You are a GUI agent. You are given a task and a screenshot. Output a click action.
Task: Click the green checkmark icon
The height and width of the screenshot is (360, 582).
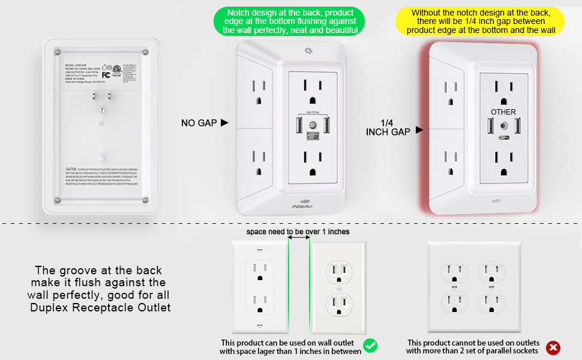point(371,346)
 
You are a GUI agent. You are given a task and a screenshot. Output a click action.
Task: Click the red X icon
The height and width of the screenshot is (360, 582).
point(553,347)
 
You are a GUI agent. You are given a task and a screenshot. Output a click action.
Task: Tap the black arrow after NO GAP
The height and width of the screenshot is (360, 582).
point(224,122)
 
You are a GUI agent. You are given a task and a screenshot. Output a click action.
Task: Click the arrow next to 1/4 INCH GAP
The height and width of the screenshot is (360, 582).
point(419,129)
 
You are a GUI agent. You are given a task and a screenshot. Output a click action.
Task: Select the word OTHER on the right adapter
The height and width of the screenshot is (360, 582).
point(503,112)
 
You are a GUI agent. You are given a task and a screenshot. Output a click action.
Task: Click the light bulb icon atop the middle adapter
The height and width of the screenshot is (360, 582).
point(308,52)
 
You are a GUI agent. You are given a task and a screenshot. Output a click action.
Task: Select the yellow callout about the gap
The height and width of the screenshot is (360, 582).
point(479,21)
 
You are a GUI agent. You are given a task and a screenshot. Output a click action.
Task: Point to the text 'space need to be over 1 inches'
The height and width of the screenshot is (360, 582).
point(298,232)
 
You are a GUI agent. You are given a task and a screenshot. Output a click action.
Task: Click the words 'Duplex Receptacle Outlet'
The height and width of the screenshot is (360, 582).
point(100,308)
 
